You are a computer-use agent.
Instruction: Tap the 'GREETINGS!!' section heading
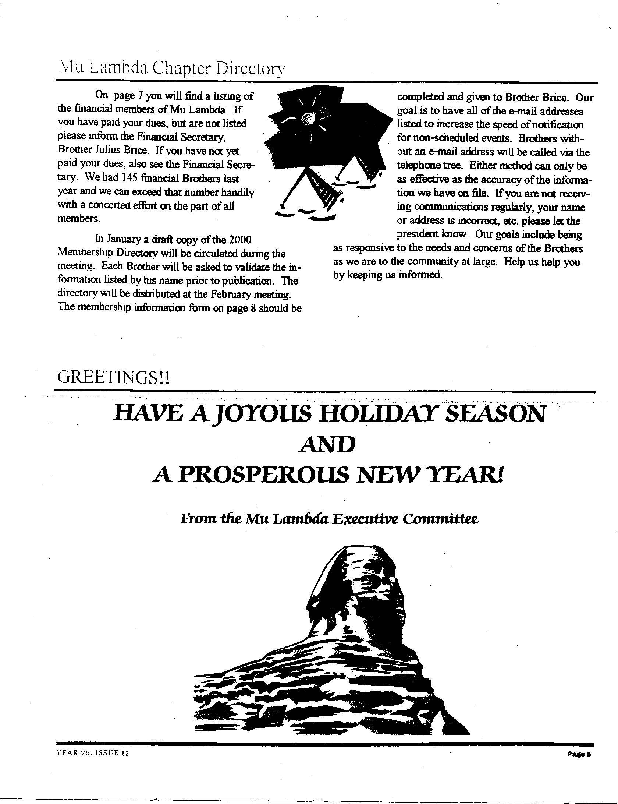pyautogui.click(x=114, y=378)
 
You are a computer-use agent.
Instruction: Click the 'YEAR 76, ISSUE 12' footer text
pyautogui.click(x=93, y=754)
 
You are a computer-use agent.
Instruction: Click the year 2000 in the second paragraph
pyautogui.click(x=240, y=240)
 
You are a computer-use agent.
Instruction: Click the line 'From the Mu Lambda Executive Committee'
pyautogui.click(x=329, y=519)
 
